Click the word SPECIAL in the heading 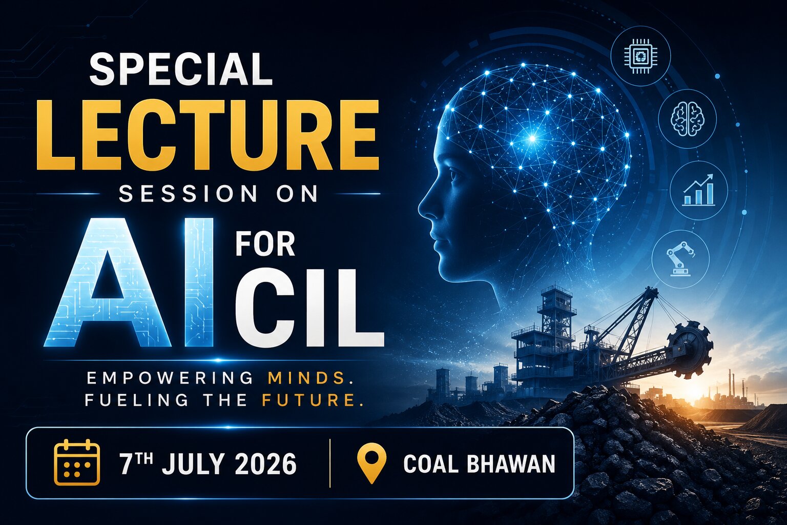[180, 69]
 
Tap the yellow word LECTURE [208, 135]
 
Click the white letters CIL [309, 308]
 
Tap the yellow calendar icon [77, 462]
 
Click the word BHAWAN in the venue [511, 464]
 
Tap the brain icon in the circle [687, 118]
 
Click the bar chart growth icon [698, 190]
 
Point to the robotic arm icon [680, 258]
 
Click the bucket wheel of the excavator [690, 350]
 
